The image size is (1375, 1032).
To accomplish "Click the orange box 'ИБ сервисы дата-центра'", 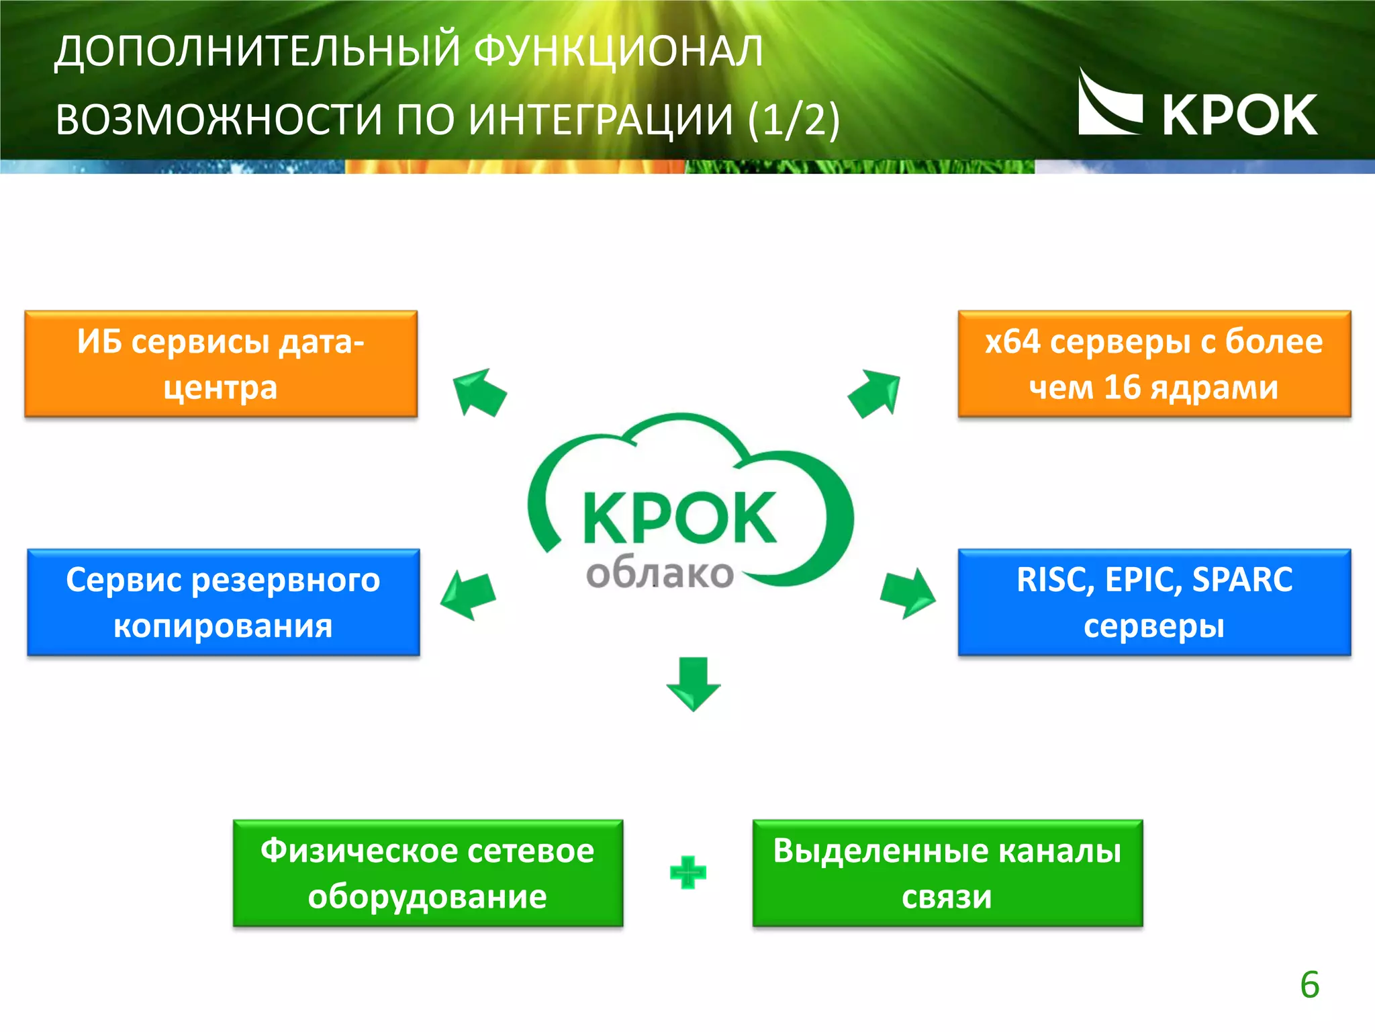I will (x=221, y=364).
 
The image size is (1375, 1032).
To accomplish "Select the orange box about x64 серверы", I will (x=1154, y=364).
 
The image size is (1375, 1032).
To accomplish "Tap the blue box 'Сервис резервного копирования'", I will (x=223, y=603).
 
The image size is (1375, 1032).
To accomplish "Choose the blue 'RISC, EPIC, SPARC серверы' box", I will (x=1154, y=603).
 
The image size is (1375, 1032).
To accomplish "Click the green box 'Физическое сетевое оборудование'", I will (x=428, y=873).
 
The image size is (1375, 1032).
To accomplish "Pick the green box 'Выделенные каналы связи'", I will (x=947, y=873).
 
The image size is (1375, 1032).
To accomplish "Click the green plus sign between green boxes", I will (x=688, y=873).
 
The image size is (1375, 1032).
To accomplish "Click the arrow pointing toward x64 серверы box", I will (x=875, y=393).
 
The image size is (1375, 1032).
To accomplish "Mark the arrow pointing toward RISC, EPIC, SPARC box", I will (x=908, y=593).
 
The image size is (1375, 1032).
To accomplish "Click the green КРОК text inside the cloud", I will (x=679, y=517).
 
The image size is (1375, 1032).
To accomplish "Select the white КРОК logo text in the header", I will (x=1239, y=116).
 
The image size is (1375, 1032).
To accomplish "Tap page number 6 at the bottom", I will (x=1309, y=985).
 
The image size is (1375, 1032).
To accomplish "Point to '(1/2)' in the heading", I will (x=793, y=120).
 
